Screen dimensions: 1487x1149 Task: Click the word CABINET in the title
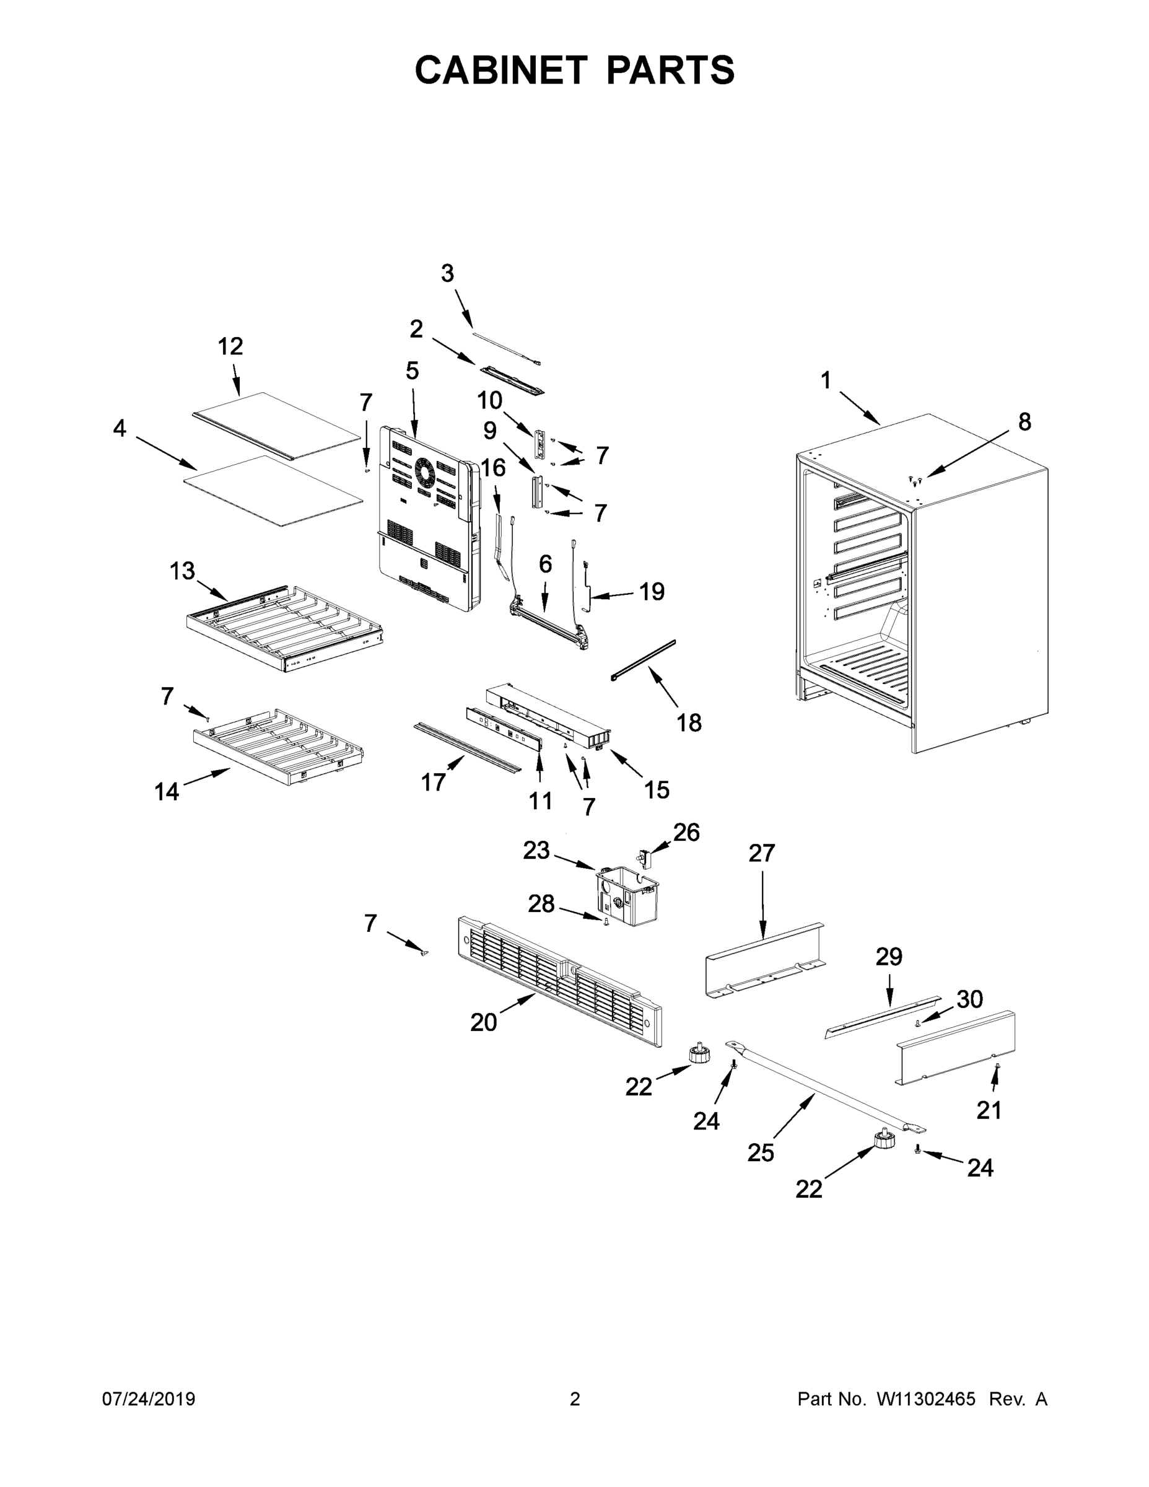coord(500,70)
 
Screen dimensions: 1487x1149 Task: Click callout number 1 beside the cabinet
coord(826,380)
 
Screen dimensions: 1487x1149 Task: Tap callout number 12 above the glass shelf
coord(230,346)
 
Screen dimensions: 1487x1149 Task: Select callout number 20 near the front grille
coord(483,1023)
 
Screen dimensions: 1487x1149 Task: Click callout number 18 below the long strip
coord(689,722)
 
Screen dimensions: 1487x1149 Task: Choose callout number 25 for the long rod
coord(761,1152)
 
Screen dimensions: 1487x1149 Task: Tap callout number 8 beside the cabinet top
coord(1024,422)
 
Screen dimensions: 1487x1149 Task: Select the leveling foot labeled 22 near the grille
coord(700,1056)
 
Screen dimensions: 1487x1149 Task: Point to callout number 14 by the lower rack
coord(167,791)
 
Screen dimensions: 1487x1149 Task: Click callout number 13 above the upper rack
coord(181,571)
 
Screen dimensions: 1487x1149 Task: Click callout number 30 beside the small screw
coord(969,999)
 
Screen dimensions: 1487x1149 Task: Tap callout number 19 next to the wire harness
coord(652,592)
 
